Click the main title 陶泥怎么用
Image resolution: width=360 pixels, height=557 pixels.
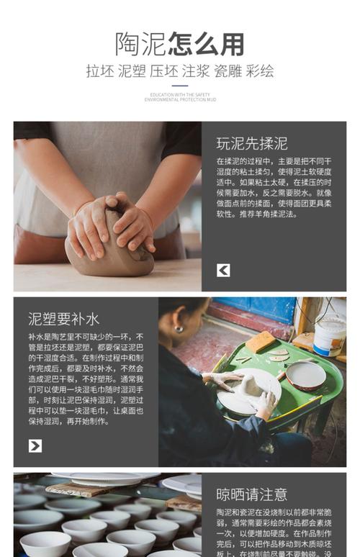pos(180,44)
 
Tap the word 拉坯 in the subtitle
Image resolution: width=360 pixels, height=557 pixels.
pos(100,72)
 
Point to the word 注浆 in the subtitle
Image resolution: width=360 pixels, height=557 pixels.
pos(196,72)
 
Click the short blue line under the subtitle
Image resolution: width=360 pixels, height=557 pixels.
pos(180,86)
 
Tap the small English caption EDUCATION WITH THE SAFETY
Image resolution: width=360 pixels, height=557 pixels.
pos(180,95)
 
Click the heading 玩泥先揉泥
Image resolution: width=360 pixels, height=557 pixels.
pos(251,142)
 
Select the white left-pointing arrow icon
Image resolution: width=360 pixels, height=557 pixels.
pos(223,270)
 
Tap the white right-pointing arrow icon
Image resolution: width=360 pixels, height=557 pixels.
pos(35,445)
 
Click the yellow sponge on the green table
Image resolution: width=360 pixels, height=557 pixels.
pos(260,341)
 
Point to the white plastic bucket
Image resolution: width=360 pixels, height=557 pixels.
pos(329,335)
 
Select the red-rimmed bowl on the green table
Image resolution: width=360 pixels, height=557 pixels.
pos(305,375)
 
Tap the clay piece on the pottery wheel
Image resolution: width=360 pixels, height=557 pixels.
pos(244,387)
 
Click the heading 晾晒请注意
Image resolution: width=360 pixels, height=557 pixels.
pos(251,494)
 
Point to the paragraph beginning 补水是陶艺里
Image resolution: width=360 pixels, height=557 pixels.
pos(85,379)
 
